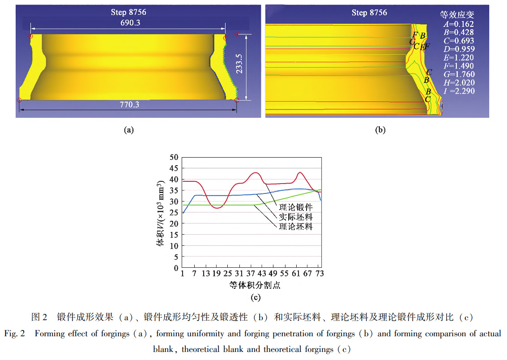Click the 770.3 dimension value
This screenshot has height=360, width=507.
pos(130,105)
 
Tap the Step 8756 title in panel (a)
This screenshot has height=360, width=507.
pos(128,13)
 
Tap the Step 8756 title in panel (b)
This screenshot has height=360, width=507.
pos(369,13)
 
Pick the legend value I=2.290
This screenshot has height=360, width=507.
pos(457,91)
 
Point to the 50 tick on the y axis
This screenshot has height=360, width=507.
pos(174,158)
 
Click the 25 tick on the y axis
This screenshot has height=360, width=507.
pos(174,213)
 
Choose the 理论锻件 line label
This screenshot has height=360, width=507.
pos(296,208)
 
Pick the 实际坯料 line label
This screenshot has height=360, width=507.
pos(296,217)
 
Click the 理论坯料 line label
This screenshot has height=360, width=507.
pos(296,227)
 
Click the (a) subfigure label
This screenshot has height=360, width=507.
pos(128,130)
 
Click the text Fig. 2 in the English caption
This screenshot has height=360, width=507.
pos(16,334)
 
